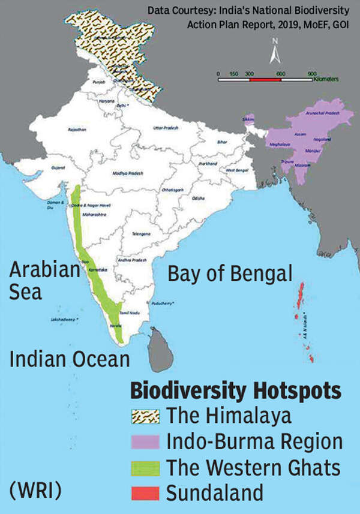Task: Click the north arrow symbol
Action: [x=274, y=52]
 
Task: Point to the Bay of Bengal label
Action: [x=230, y=275]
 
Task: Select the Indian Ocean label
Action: [x=70, y=359]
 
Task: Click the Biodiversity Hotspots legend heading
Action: [x=236, y=392]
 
